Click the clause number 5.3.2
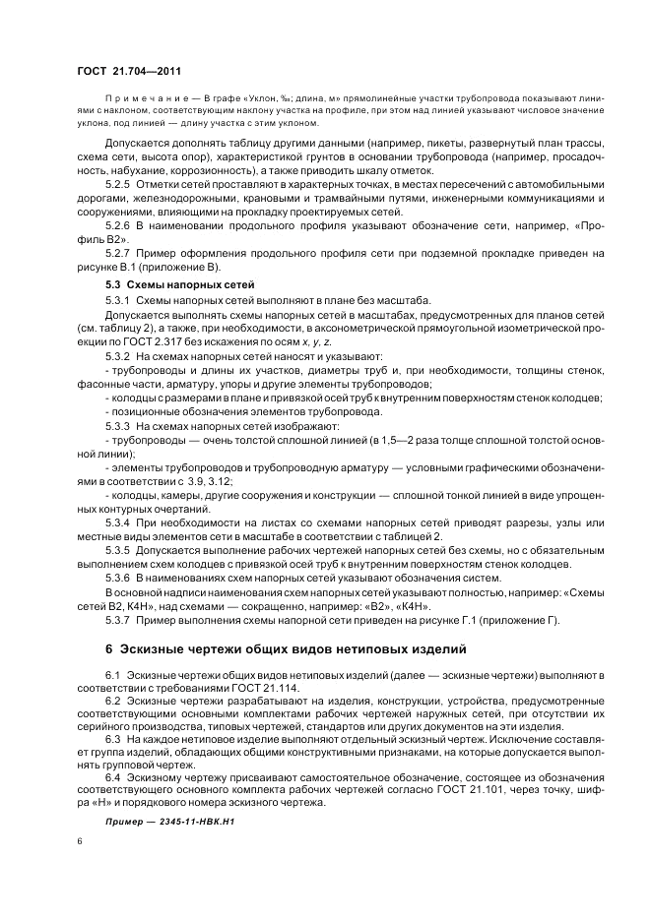point(117,355)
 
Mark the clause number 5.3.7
point(117,619)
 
